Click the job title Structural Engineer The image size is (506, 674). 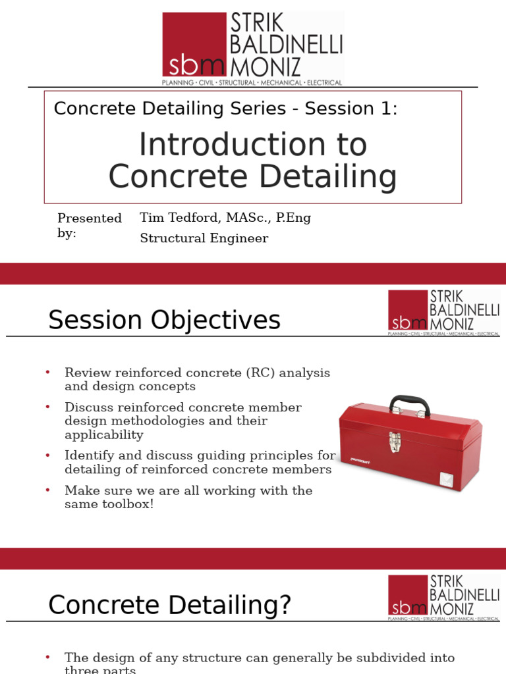pos(204,238)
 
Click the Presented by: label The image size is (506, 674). pos(89,225)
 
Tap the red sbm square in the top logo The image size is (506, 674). pos(194,45)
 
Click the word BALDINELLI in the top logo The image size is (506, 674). pos(286,45)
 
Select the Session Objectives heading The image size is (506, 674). pos(164,321)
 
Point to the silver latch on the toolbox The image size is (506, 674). pos(395,442)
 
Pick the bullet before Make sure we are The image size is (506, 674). pos(48,490)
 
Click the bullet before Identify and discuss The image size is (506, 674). pos(48,455)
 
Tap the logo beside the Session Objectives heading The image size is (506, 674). pos(443,312)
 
